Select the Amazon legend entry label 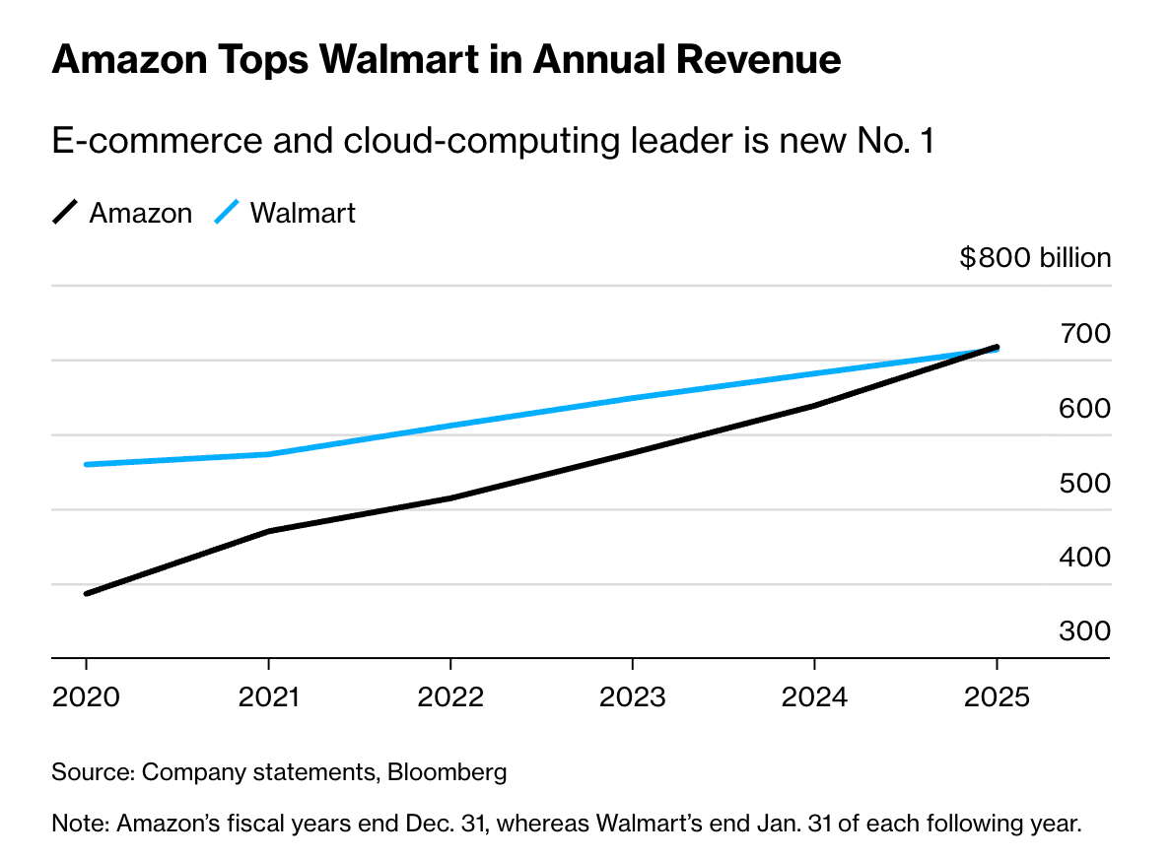141,214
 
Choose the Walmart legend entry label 303,214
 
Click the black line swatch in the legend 65,213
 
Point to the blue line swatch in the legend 227,213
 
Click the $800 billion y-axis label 1035,259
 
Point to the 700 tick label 1084,334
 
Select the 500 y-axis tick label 1084,484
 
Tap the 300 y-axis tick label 1084,631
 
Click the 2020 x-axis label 86,698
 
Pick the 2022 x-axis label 450,698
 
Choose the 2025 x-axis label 997,698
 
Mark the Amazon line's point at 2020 87,593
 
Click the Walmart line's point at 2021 269,454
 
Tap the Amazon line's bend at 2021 269,531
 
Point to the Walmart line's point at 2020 87,464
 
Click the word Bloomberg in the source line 448,772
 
